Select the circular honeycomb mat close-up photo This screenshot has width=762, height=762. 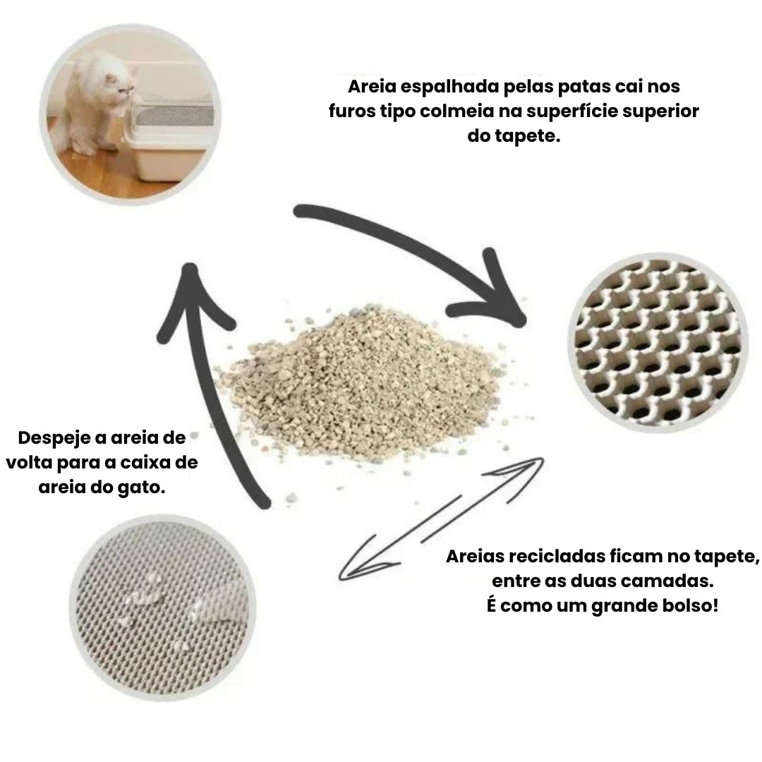(658, 342)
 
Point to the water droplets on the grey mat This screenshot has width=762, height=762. (155, 607)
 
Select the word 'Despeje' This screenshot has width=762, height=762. (54, 439)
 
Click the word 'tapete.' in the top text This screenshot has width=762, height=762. (528, 136)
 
